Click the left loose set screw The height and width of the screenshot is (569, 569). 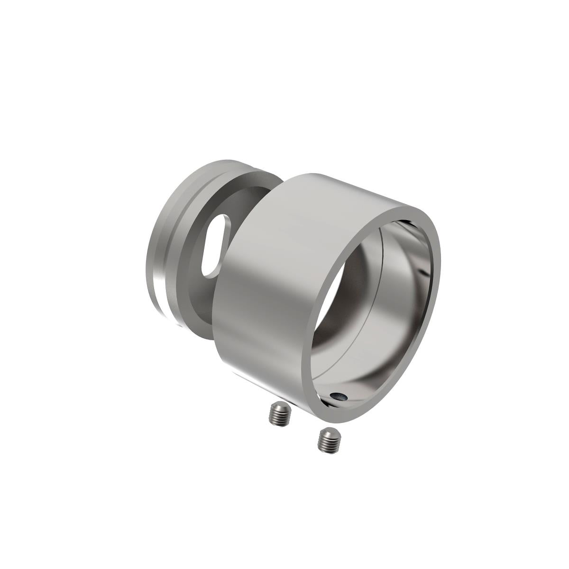pyautogui.click(x=279, y=414)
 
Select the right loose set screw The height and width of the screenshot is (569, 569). pyautogui.click(x=328, y=441)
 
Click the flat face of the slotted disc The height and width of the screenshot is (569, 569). pyautogui.click(x=199, y=294)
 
